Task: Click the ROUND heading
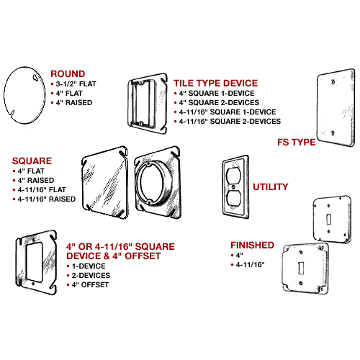point(67,73)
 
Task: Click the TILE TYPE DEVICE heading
point(215,84)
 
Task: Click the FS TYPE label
point(296,142)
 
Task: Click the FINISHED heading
point(251,245)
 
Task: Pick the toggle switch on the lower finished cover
point(301,271)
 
